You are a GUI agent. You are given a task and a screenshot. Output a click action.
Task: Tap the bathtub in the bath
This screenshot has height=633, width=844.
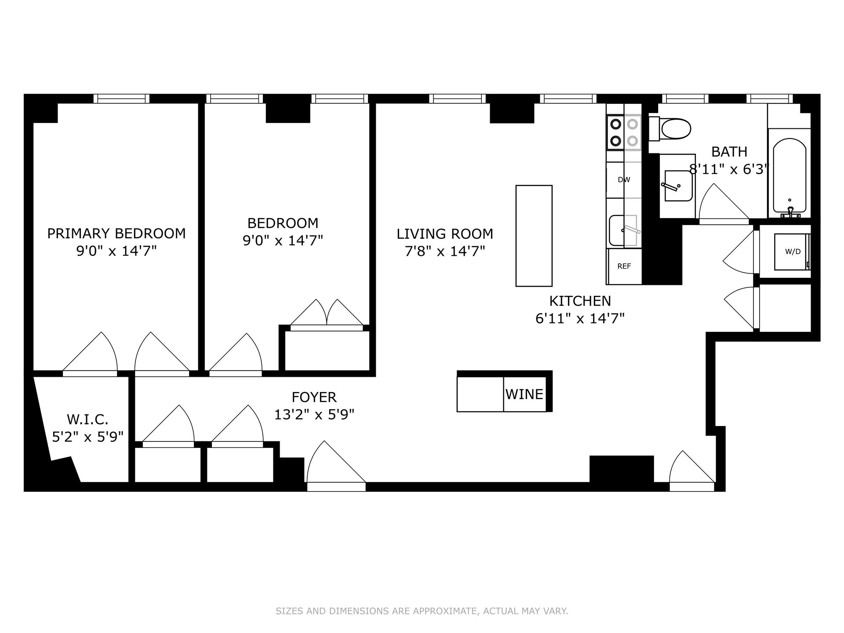(x=789, y=176)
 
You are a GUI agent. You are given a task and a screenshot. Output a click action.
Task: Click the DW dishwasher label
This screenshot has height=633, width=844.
(x=624, y=180)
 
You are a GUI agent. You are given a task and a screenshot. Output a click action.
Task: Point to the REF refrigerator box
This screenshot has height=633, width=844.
(x=624, y=266)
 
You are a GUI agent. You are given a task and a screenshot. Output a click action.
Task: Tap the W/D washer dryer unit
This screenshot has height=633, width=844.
(x=792, y=252)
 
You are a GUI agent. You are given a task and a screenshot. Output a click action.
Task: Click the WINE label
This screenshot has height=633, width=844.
(x=524, y=394)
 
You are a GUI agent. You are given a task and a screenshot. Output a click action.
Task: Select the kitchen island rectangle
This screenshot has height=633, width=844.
(x=534, y=236)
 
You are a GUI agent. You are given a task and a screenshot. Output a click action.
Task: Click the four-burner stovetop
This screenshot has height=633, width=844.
(x=624, y=132)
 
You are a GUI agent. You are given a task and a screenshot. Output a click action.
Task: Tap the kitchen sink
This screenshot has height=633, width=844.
(x=623, y=230)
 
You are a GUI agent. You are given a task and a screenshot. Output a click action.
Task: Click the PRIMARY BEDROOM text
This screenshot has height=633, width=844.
(x=116, y=233)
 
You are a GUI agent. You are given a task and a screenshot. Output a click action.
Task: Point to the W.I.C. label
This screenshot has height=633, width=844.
(x=87, y=419)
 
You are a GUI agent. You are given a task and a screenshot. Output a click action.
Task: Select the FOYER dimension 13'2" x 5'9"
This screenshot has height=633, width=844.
(x=314, y=415)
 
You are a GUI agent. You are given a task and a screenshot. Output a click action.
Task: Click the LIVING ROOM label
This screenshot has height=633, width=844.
(x=445, y=234)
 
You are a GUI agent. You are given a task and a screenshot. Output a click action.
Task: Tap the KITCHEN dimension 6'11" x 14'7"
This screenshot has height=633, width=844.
(x=580, y=318)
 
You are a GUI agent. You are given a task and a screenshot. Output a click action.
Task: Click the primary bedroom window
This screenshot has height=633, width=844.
(x=121, y=98)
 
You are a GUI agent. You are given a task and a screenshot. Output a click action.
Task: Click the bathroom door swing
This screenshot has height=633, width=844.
(x=721, y=203)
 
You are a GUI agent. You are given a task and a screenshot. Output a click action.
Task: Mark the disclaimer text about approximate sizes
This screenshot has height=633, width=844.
(x=422, y=611)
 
